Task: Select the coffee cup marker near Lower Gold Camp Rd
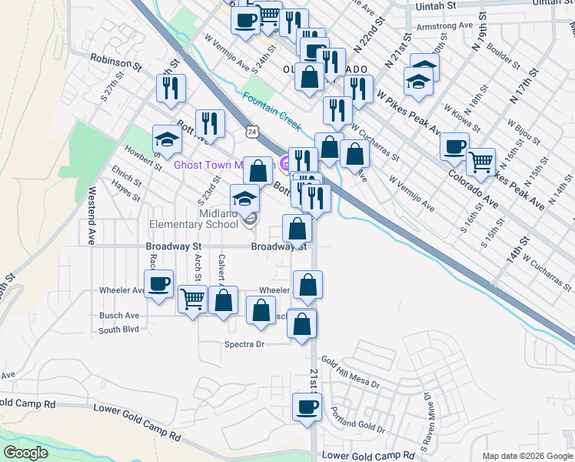coord(307,407)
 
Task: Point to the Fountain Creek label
coord(271,109)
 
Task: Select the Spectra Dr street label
coord(244,344)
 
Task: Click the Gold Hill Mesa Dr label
coord(351,372)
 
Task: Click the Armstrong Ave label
coord(444,25)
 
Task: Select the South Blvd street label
coord(118,330)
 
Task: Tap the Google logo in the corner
coord(25,453)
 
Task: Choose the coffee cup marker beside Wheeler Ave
coord(160,283)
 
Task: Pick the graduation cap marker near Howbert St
coord(167,139)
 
